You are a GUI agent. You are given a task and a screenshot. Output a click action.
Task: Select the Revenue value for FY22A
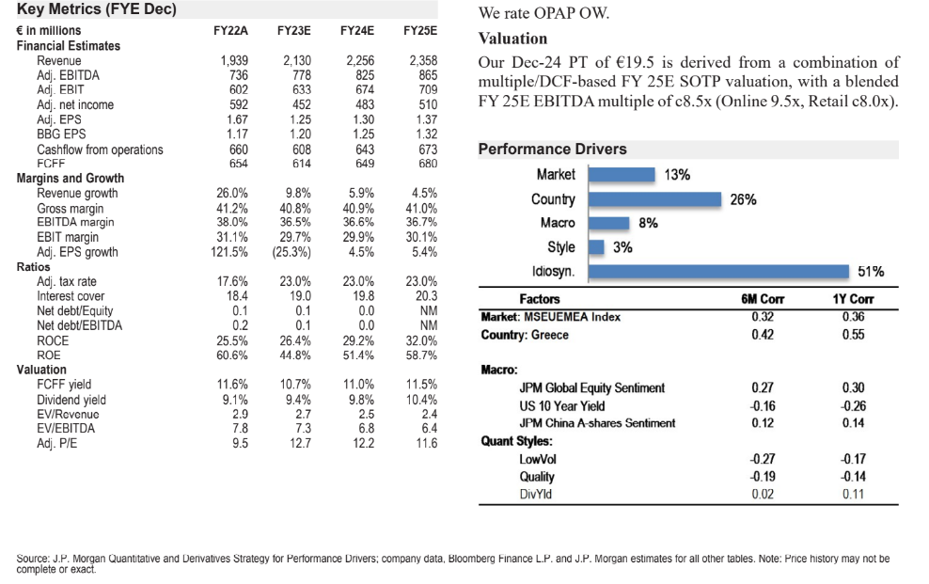pyautogui.click(x=234, y=60)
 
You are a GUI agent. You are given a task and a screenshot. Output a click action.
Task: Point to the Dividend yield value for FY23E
pyautogui.click(x=297, y=399)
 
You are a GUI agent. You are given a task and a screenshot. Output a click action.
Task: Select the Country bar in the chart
pyautogui.click(x=655, y=198)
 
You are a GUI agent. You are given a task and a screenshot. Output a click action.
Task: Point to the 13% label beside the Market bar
pyautogui.click(x=677, y=175)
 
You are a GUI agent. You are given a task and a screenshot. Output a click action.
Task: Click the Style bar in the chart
pyautogui.click(x=596, y=247)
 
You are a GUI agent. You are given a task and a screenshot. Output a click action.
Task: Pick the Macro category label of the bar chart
pyautogui.click(x=558, y=224)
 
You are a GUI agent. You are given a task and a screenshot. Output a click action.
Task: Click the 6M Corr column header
pyautogui.click(x=763, y=299)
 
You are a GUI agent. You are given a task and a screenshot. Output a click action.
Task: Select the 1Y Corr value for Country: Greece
pyautogui.click(x=854, y=334)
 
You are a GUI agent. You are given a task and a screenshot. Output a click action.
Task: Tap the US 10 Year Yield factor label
pyautogui.click(x=562, y=406)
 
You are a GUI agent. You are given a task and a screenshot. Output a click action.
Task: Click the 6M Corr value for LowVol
pyautogui.click(x=763, y=459)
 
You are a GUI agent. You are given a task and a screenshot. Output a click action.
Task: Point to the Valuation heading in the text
pyautogui.click(x=512, y=39)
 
